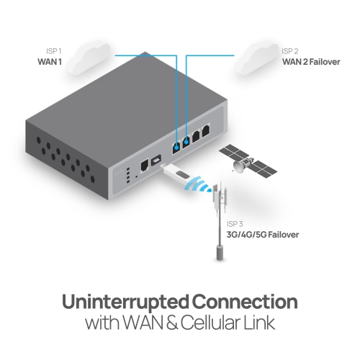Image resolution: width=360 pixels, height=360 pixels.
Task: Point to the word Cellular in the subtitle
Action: coord(210,323)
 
